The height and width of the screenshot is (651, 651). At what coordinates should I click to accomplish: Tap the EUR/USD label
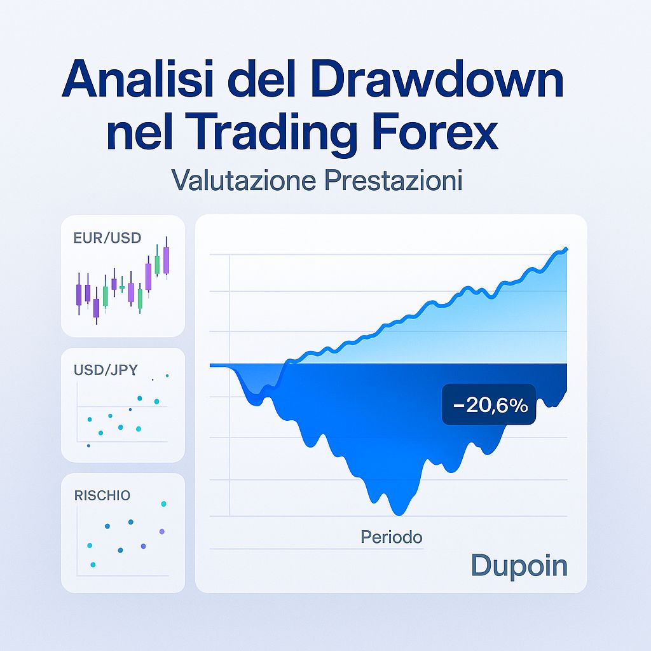tap(107, 238)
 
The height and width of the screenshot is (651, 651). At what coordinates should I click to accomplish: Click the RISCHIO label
tap(102, 495)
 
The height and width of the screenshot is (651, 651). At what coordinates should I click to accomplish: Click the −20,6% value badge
tap(488, 404)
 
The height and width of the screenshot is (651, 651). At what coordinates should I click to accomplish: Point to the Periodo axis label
tap(392, 537)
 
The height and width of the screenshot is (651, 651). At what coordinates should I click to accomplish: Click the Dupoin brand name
tap(519, 565)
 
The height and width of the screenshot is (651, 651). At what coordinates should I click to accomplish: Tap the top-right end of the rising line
tap(566, 249)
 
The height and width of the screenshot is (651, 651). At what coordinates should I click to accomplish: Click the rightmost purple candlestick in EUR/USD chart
tap(167, 260)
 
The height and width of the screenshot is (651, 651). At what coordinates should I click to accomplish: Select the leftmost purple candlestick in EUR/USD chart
tap(79, 294)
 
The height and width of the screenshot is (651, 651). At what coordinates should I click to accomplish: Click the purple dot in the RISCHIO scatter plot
tap(162, 531)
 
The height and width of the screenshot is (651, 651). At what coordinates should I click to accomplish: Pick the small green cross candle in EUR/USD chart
tap(122, 287)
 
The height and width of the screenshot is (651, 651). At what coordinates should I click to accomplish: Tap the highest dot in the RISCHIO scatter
tap(163, 504)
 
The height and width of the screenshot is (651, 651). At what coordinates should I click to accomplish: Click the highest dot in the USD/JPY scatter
tap(167, 376)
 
